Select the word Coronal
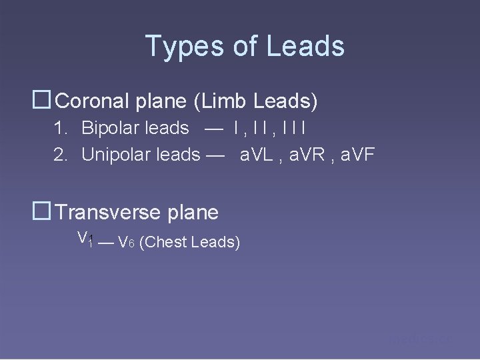pos(95,102)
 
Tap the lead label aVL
pos(257,155)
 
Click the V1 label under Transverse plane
pos(85,239)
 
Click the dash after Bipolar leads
pos(215,127)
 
